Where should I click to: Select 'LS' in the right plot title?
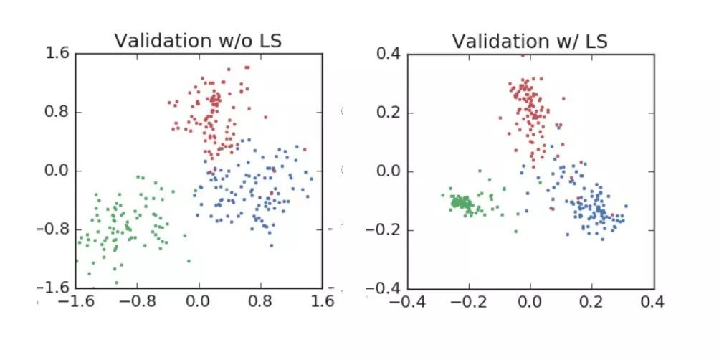click(x=596, y=42)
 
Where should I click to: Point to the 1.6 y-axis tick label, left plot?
click(x=57, y=53)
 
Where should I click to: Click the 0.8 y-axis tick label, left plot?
click(x=57, y=112)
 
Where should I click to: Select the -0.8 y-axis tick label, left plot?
click(x=53, y=229)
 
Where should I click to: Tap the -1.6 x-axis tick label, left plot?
click(x=77, y=301)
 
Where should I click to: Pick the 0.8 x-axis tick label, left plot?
click(x=260, y=301)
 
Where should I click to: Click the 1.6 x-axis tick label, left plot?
click(x=322, y=301)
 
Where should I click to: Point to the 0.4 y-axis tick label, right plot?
click(x=389, y=54)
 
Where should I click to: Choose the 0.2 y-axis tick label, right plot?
click(x=389, y=113)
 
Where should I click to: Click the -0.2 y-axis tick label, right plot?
click(x=385, y=229)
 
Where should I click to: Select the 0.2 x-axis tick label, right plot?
click(x=591, y=302)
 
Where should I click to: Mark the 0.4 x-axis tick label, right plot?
click(x=652, y=302)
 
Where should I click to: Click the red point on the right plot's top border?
click(x=523, y=55)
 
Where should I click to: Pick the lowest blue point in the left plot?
click(x=272, y=246)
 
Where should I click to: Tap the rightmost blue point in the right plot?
click(x=626, y=206)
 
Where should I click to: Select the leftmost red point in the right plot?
click(x=500, y=118)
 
